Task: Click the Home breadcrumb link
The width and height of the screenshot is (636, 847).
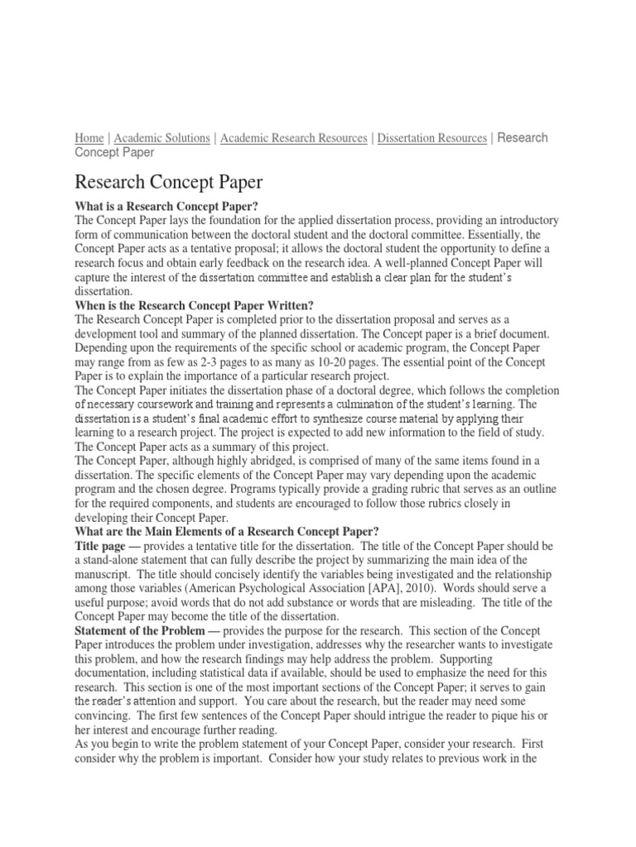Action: [x=89, y=138]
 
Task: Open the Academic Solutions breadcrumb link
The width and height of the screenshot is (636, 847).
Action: [x=161, y=138]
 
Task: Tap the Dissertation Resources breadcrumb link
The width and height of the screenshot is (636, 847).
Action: [x=431, y=138]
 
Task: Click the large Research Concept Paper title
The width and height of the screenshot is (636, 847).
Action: [x=169, y=182]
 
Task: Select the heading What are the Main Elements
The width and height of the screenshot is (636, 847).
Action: [x=226, y=531]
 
